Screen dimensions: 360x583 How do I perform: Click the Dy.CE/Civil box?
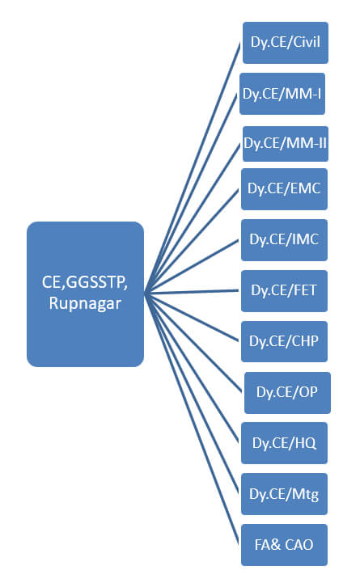pos(286,43)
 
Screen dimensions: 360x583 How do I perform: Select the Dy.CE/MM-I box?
pos(282,94)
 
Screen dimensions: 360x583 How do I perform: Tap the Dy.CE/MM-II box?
pos(286,143)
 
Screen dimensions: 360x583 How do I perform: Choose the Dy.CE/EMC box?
pos(284,189)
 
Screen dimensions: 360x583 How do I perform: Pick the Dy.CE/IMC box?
pos(284,240)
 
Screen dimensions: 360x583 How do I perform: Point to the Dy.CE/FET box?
pos(284,291)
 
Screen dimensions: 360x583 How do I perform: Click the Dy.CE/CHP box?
pos(284,341)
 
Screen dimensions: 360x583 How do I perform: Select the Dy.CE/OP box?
pos(287,393)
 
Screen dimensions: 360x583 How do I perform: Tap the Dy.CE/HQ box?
pos(284,443)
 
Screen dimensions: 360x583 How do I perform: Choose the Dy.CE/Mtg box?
pos(284,494)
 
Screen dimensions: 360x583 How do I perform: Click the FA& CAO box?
pos(284,545)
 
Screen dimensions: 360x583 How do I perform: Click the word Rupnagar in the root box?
pos(85,304)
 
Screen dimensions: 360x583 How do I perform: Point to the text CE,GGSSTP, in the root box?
pos(85,282)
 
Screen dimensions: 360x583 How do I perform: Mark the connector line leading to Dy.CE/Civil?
pos(193,168)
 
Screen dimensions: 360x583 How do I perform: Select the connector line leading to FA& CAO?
pos(192,420)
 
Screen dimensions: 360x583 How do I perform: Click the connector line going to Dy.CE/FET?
pos(192,293)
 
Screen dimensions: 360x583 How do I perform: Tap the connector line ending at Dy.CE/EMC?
pos(192,242)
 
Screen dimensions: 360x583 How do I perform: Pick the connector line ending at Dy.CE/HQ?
pos(192,368)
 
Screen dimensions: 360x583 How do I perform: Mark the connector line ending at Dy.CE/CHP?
pos(192,318)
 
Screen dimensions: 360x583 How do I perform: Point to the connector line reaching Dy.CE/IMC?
pos(192,267)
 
